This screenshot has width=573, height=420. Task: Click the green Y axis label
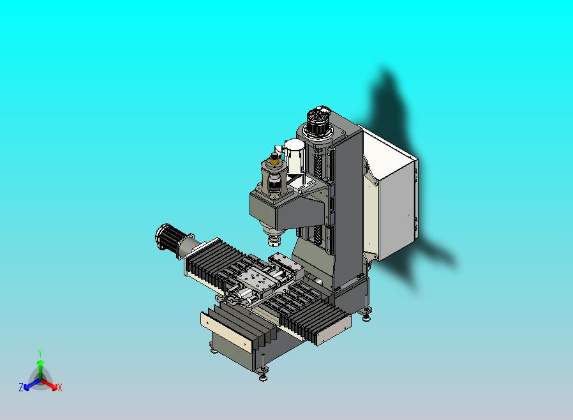coord(40,353)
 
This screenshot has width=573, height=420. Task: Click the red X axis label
coord(59,387)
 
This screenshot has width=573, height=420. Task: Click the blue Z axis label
coord(21,387)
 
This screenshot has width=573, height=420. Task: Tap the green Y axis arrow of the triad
coord(40,366)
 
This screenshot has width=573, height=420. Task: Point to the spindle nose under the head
coord(273,240)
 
